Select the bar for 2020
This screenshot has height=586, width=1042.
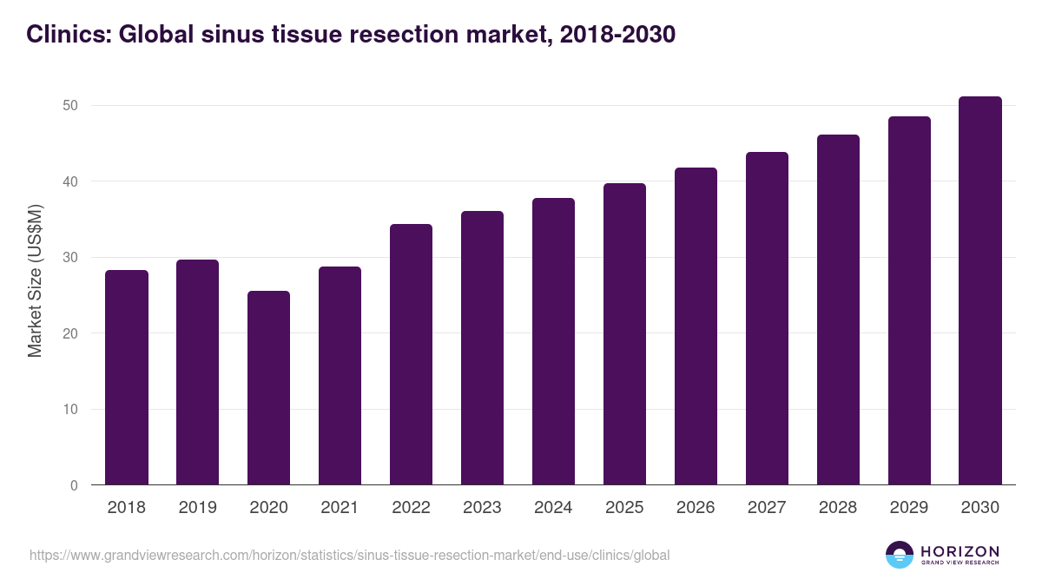pos(268,388)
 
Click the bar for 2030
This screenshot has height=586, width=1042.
pos(980,291)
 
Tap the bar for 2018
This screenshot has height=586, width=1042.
pos(127,378)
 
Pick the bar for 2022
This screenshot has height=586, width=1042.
pos(411,354)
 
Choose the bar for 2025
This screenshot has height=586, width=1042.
pos(624,334)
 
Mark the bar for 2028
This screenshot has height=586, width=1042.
pos(838,310)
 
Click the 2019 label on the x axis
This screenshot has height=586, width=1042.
pos(197,508)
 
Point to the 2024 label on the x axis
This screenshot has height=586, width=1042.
pos(553,508)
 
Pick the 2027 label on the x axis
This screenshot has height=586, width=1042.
pos(767,508)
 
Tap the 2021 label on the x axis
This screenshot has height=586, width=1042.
pos(340,508)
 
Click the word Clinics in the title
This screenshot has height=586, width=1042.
pos(67,35)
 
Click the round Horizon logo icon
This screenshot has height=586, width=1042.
pos(899,555)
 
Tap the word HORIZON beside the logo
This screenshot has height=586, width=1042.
pos(960,551)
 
